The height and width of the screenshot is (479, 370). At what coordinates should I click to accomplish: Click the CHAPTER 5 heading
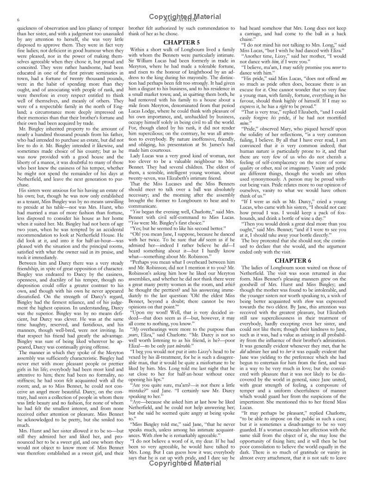pos(182,42)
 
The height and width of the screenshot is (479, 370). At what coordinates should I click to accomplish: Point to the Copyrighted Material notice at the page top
pos(185,16)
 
